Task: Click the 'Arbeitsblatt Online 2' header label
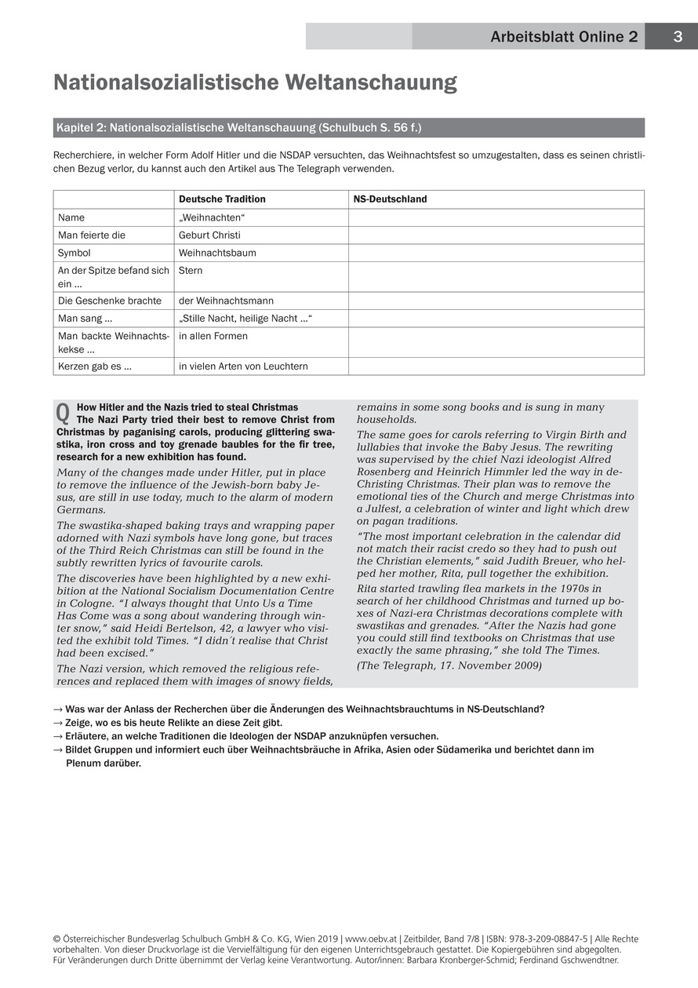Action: [564, 37]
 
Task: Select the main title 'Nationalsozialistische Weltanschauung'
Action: [255, 83]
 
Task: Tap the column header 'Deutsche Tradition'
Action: [222, 199]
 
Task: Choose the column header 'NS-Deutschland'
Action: [391, 199]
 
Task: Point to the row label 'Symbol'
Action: [75, 253]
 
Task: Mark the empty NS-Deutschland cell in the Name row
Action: [496, 217]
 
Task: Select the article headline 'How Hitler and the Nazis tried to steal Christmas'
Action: [187, 407]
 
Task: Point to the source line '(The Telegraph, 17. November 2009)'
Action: [449, 666]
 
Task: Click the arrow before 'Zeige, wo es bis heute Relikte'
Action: [57, 723]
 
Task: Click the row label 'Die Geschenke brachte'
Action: [110, 301]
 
